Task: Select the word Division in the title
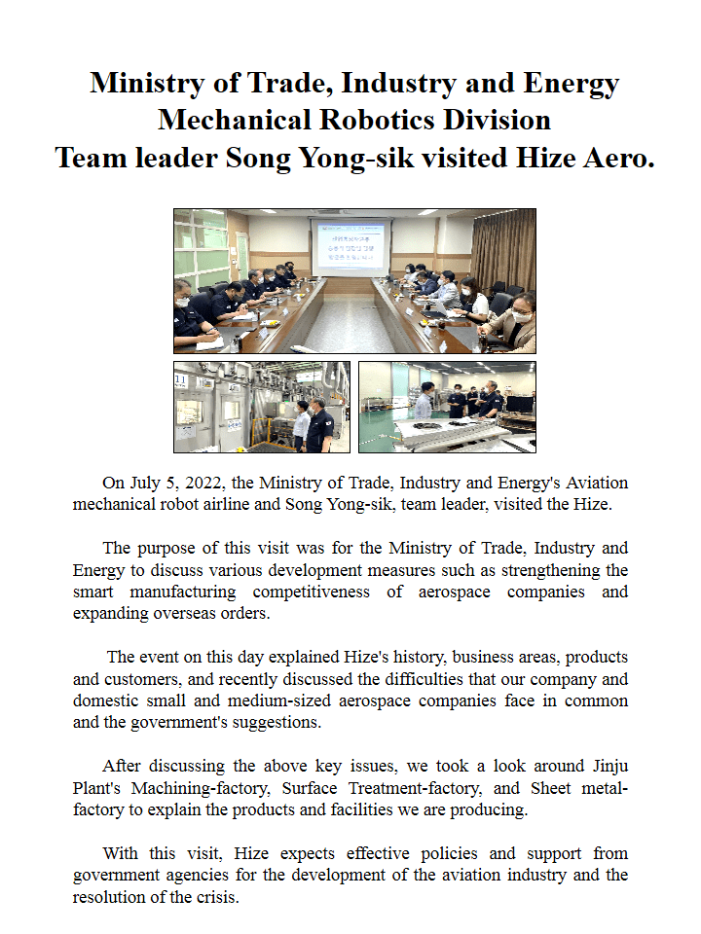(500, 121)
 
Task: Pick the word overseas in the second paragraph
(176, 614)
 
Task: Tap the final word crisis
(215, 897)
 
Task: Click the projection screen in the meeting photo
(350, 248)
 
